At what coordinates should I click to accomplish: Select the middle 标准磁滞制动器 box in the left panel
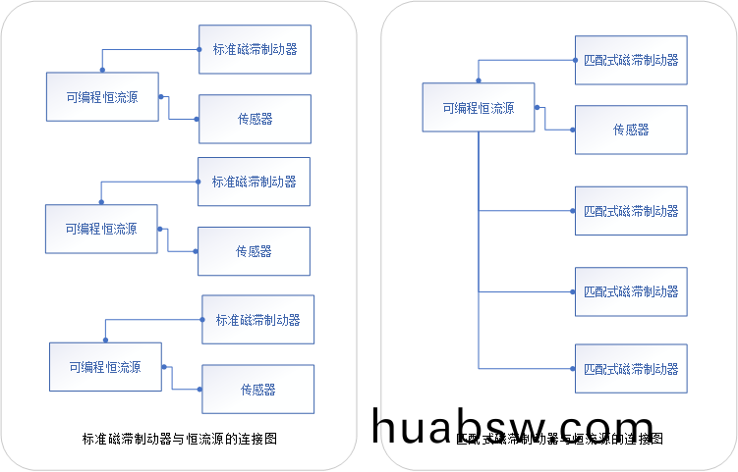click(x=254, y=182)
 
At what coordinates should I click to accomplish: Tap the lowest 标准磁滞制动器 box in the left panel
click(x=258, y=319)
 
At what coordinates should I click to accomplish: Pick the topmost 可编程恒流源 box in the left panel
click(x=102, y=96)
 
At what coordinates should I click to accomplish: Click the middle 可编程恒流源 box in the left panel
click(x=101, y=229)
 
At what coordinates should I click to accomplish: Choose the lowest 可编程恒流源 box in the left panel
click(x=105, y=367)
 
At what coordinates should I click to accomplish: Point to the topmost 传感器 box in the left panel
click(x=255, y=119)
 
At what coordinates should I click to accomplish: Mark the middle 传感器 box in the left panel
click(x=254, y=251)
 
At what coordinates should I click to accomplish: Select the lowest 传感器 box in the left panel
click(x=258, y=389)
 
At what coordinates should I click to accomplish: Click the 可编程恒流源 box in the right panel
click(x=479, y=108)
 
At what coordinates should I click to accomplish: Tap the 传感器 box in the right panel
click(x=631, y=130)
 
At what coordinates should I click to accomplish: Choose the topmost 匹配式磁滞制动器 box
click(x=631, y=60)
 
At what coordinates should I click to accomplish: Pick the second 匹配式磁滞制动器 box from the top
click(x=631, y=211)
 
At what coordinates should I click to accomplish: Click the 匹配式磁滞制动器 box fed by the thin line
click(x=631, y=291)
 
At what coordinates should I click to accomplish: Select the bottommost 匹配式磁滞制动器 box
click(x=631, y=369)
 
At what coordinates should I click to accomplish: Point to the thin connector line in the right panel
click(x=526, y=292)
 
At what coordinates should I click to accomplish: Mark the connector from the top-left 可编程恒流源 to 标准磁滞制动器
click(x=147, y=47)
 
